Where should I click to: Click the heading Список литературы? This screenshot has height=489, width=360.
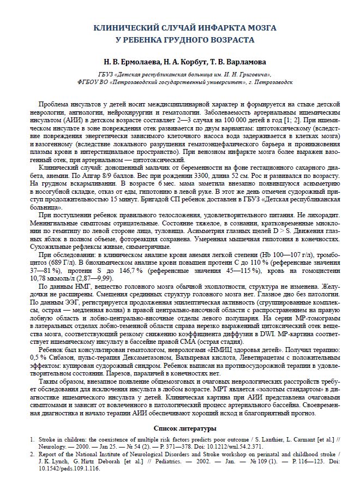coord(180,429)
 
